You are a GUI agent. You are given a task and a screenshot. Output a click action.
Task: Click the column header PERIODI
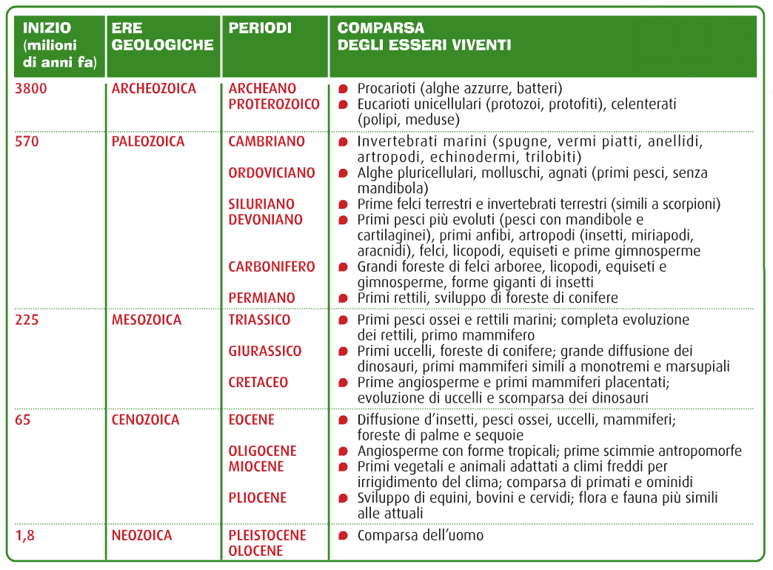pos(260,28)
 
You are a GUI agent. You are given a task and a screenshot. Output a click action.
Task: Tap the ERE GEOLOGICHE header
pos(162,36)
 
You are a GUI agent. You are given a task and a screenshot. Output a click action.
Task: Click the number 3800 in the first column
pos(32,89)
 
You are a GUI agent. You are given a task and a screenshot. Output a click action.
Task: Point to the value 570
pos(27,141)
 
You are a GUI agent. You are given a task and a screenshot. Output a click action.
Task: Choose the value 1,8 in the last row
pos(24,535)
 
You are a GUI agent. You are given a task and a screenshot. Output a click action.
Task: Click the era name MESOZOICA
pos(147,321)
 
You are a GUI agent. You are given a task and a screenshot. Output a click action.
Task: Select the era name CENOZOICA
pos(146,420)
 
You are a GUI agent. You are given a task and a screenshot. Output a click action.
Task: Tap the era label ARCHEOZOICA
pos(154,89)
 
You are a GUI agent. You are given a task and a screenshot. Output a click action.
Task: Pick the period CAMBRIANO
pos(267,141)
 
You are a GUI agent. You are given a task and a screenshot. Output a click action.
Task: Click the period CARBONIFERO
pos(272,266)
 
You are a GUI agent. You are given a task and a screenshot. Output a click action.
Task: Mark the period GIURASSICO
pos(265,351)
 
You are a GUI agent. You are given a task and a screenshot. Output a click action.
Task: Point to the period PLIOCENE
pos(257,497)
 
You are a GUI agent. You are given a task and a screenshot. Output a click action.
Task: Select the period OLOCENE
pos(255,551)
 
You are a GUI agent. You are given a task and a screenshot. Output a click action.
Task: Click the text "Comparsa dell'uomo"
pos(421,535)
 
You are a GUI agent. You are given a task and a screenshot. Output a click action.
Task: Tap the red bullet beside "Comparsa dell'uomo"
pos(343,535)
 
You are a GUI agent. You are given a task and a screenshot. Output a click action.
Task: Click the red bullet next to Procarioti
pos(343,89)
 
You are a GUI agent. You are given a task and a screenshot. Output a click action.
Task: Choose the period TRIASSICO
pos(259,321)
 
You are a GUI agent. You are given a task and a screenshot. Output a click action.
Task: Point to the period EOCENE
pos(252,420)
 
